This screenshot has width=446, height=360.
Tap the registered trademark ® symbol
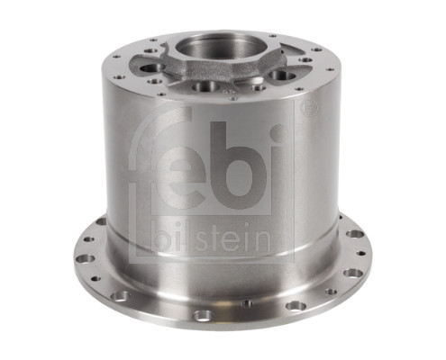[309, 108]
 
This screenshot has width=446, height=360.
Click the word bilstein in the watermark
[212, 239]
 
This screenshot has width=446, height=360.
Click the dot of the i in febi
[279, 133]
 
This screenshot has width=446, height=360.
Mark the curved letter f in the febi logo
[159, 144]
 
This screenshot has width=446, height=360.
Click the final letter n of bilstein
[262, 241]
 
